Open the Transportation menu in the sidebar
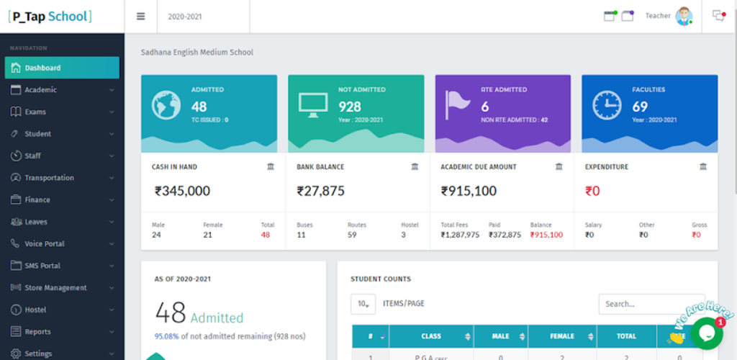coord(49,178)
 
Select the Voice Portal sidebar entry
coord(45,244)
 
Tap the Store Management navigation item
coord(55,288)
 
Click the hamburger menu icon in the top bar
coord(140,17)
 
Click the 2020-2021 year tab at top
coord(185,17)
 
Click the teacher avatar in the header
coord(683,17)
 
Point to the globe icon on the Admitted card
coord(166,105)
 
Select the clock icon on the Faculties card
coord(606,105)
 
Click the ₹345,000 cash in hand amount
coord(182,191)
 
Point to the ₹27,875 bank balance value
coord(320,191)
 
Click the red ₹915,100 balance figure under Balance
coord(546,235)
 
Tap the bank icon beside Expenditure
coord(703,167)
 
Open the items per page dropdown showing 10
coord(363,304)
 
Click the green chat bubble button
coord(706,333)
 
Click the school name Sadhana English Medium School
coord(196,53)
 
